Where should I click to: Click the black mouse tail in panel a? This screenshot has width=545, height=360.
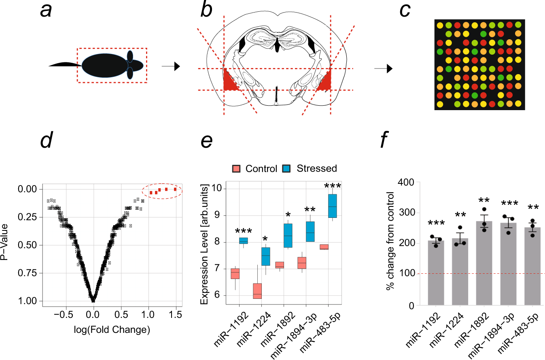(65, 65)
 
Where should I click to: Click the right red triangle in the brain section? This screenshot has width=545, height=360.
(325, 81)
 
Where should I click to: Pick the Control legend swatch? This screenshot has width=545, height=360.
(237, 168)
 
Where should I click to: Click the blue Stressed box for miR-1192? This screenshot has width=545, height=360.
(243, 241)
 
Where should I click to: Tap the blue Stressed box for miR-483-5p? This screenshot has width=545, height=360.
(332, 206)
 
